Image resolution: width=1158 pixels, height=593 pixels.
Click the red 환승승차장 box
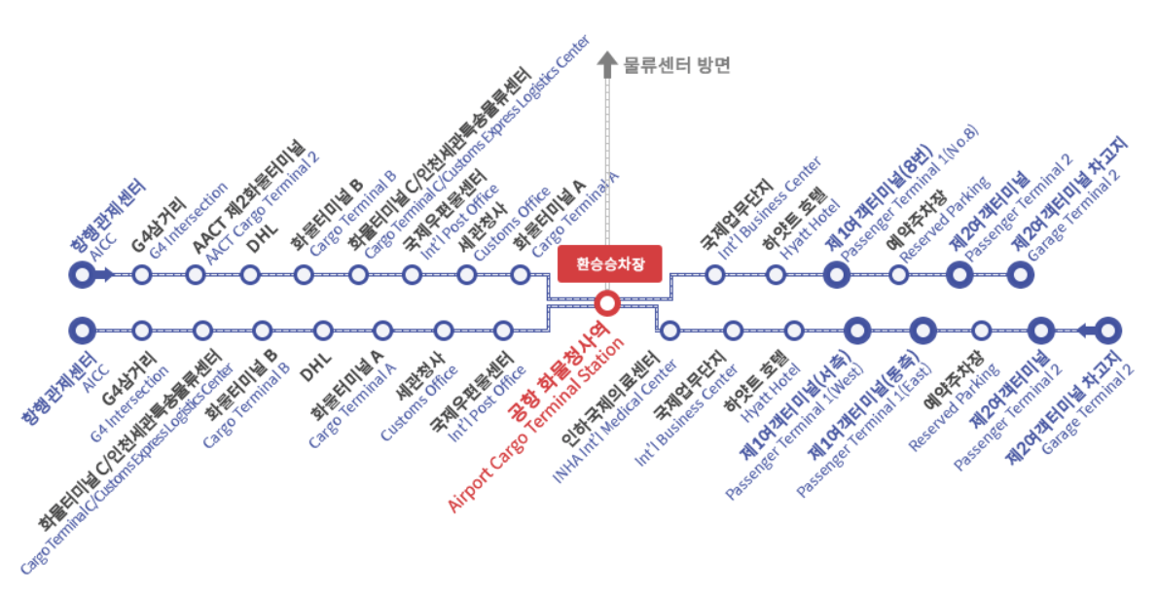[x=610, y=263]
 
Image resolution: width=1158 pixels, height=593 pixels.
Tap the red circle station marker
[x=607, y=303]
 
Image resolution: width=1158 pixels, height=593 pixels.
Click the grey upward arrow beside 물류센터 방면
[x=607, y=65]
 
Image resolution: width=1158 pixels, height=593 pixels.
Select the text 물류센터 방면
[x=676, y=66]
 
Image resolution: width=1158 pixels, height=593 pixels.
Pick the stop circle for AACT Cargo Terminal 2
[x=196, y=275]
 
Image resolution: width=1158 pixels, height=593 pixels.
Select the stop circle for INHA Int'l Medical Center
[x=670, y=331]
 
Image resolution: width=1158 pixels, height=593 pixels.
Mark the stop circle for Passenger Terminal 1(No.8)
[x=836, y=275]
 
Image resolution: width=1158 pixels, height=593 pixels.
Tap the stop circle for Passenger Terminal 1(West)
[x=856, y=331]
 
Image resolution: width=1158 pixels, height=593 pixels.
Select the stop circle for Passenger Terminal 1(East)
[x=922, y=331]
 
